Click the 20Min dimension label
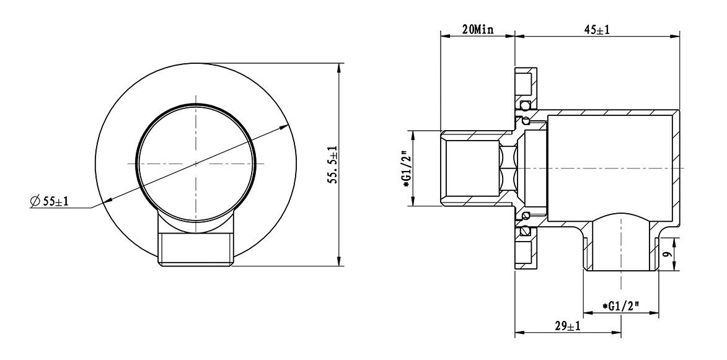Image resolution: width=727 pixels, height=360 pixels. pyautogui.click(x=478, y=30)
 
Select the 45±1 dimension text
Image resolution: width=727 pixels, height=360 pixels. pyautogui.click(x=597, y=30)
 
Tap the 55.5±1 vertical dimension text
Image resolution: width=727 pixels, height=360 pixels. pyautogui.click(x=333, y=165)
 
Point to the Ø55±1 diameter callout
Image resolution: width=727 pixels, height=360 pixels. pyautogui.click(x=49, y=201)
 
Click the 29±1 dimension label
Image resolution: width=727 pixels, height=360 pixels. pyautogui.click(x=568, y=327)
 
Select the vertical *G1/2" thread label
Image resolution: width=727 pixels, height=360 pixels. pyautogui.click(x=407, y=169)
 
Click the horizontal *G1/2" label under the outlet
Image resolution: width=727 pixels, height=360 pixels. pyautogui.click(x=621, y=306)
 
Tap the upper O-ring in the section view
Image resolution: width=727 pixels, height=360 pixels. pyautogui.click(x=526, y=105)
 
